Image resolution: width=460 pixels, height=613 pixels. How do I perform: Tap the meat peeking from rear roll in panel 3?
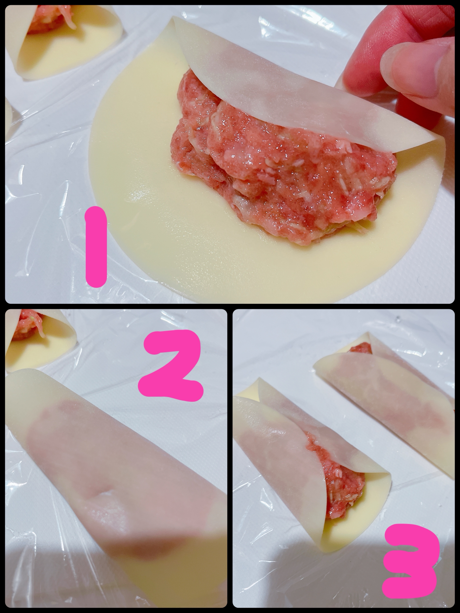(360, 348)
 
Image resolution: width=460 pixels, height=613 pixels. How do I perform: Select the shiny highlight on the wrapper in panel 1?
(141, 197)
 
